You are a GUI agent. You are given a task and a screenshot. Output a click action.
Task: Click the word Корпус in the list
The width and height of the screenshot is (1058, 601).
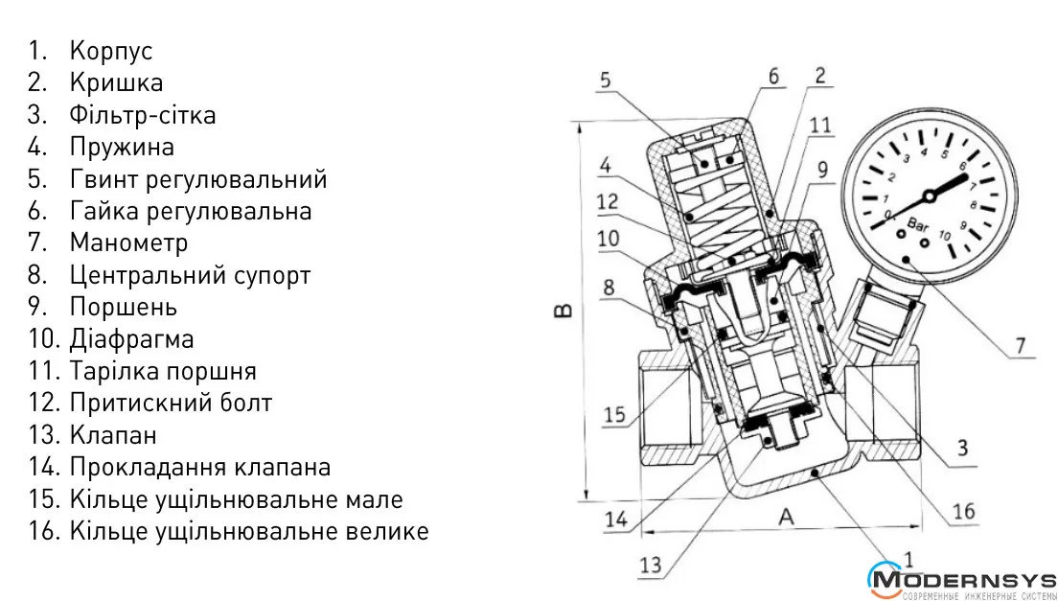[x=110, y=51]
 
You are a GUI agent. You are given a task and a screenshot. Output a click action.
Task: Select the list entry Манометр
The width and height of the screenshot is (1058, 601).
[x=128, y=243]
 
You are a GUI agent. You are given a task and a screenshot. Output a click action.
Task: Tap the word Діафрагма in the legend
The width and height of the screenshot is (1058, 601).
[x=131, y=339]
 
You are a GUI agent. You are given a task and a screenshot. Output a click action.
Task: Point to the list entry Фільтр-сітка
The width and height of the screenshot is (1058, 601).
[x=142, y=115]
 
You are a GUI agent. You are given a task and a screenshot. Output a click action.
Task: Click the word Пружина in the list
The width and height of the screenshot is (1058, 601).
[x=122, y=148]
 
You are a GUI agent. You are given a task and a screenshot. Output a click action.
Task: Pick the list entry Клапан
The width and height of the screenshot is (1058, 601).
[x=113, y=435]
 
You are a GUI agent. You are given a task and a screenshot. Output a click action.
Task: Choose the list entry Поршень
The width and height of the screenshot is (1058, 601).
[x=123, y=308]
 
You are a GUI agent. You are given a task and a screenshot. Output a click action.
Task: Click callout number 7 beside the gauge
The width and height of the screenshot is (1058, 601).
[x=1021, y=343]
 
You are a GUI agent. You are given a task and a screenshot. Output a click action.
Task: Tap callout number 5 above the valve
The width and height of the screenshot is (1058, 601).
[x=605, y=81]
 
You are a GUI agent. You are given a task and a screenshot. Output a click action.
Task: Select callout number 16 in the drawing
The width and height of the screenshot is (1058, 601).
[x=963, y=511]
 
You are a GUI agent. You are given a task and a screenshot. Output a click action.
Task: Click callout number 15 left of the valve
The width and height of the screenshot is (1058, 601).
[x=614, y=414]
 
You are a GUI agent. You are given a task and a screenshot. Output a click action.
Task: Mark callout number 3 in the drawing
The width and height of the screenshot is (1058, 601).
[x=962, y=447]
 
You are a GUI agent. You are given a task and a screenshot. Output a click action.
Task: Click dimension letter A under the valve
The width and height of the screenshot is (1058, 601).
[x=786, y=517]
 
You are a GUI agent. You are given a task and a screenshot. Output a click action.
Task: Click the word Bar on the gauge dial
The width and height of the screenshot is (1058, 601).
[x=917, y=228]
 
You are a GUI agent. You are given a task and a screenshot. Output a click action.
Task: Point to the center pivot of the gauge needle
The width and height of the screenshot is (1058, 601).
[x=928, y=196]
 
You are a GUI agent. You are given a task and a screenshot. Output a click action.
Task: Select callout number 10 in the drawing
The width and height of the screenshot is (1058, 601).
[x=609, y=237]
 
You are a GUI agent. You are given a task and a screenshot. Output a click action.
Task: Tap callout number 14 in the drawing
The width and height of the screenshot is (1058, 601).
[x=616, y=519]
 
